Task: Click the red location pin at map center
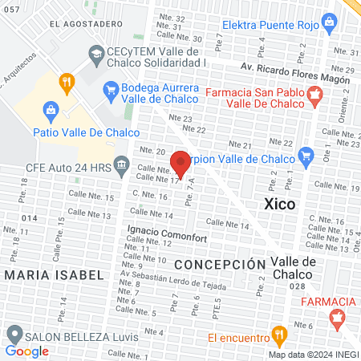(x=180, y=163)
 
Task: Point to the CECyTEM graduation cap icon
(x=95, y=54)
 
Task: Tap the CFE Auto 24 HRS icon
(x=121, y=166)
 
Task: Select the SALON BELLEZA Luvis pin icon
(x=13, y=333)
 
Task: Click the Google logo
(x=27, y=351)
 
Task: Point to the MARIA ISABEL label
(x=54, y=275)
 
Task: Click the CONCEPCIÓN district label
(x=219, y=264)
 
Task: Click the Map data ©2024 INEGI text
(x=312, y=354)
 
